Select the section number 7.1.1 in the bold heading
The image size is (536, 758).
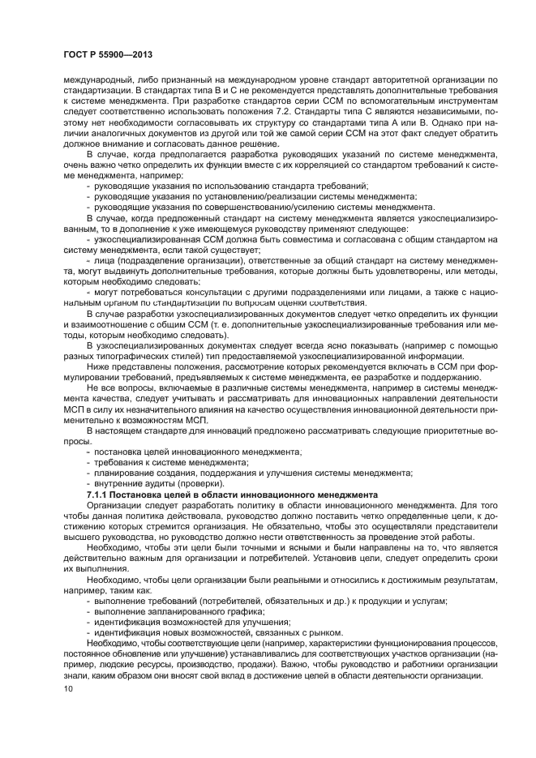[x=99, y=494]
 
